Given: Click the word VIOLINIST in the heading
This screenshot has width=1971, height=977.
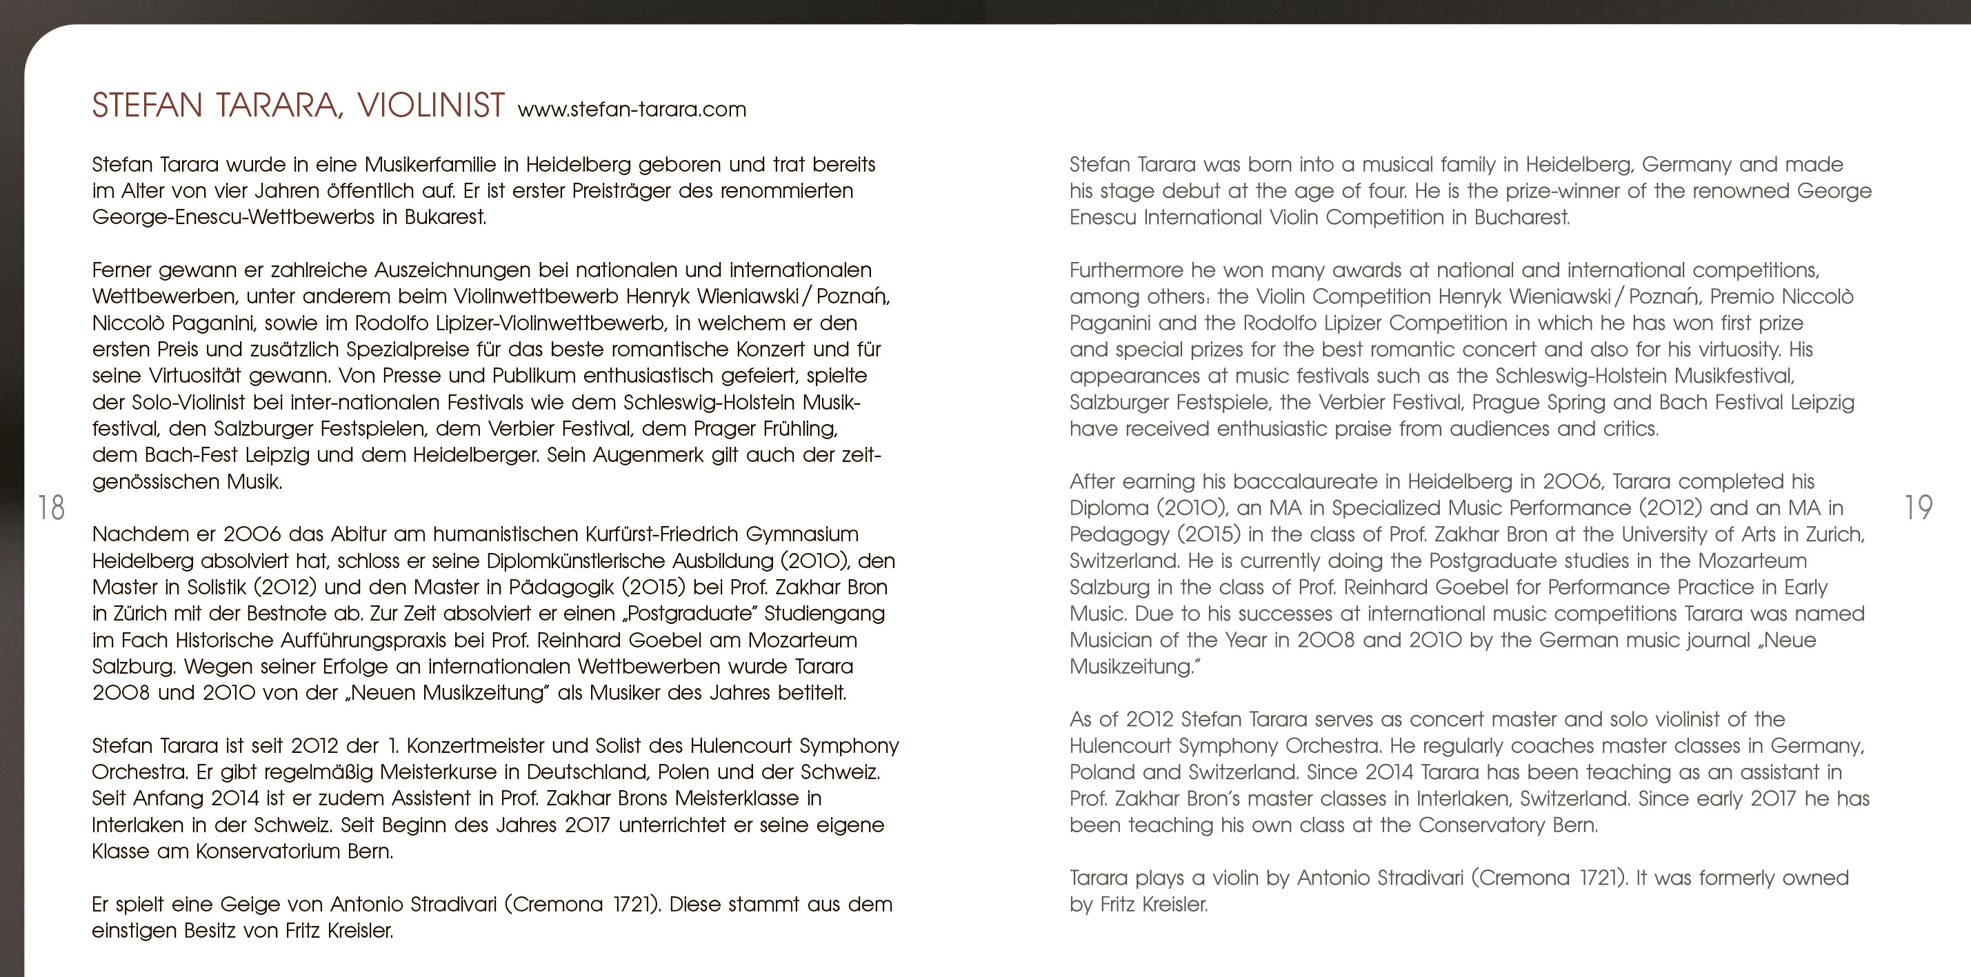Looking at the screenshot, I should (x=430, y=105).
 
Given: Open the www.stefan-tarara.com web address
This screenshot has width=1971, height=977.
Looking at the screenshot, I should (x=631, y=110).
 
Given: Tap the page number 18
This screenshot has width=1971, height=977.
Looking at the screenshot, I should (x=51, y=508).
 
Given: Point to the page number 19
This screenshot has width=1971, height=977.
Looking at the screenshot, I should (x=1918, y=507).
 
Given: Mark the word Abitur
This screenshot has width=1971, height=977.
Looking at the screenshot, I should (x=359, y=534).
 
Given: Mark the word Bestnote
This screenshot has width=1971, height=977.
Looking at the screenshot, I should (x=287, y=614).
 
